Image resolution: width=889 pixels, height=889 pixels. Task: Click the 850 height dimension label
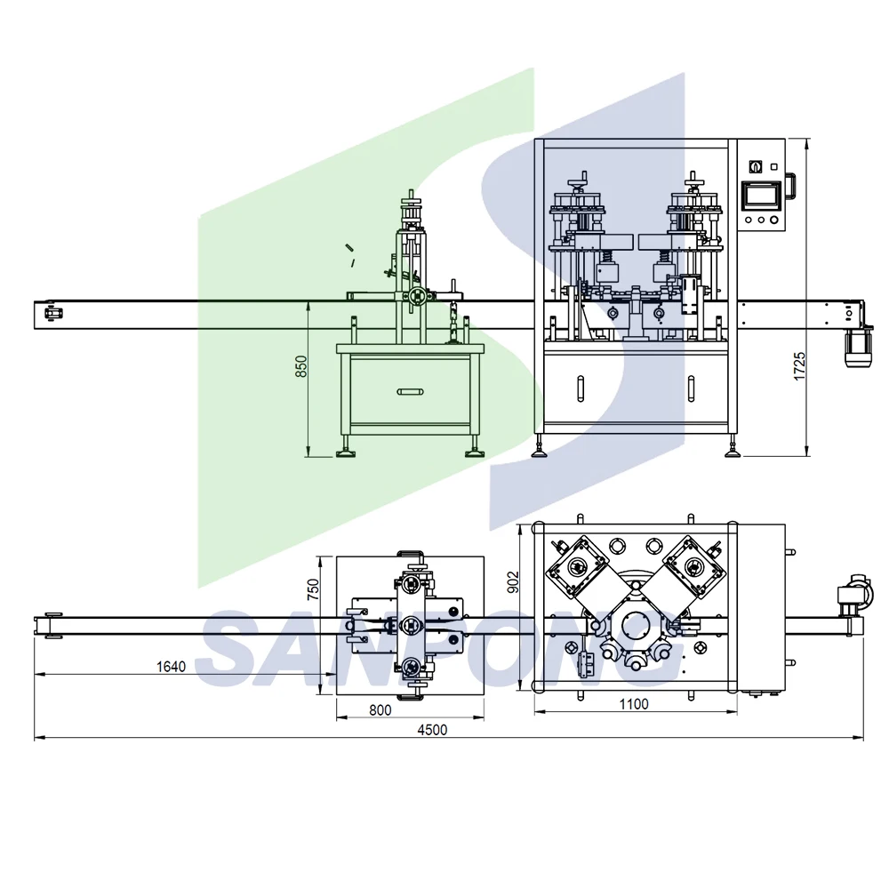301,366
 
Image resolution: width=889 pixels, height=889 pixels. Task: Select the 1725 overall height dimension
799,366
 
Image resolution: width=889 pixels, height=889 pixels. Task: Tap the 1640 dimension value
171,666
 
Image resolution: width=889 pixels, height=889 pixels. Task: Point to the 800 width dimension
380,709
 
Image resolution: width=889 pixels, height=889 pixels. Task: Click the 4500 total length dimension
432,730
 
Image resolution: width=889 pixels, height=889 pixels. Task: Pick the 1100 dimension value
633,704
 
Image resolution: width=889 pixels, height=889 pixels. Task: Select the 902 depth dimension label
513,581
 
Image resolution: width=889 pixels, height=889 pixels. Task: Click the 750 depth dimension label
313,589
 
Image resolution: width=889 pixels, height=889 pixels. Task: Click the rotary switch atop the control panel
755,167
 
